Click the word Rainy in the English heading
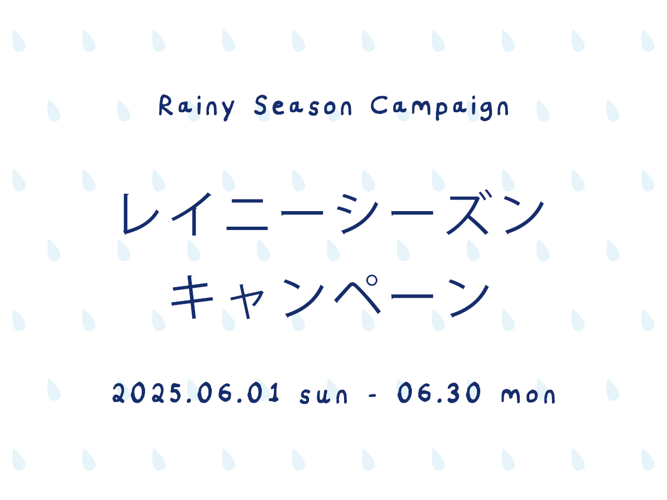197,107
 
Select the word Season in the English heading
303,105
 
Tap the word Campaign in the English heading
440,108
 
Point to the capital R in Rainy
166,105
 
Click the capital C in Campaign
379,105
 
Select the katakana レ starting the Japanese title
141,214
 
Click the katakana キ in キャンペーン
192,297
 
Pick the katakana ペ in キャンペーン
357,293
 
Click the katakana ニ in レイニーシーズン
247,214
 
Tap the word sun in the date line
323,396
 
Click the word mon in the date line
528,395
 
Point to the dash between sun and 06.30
372,395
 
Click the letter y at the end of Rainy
228,110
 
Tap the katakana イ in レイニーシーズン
191,214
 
